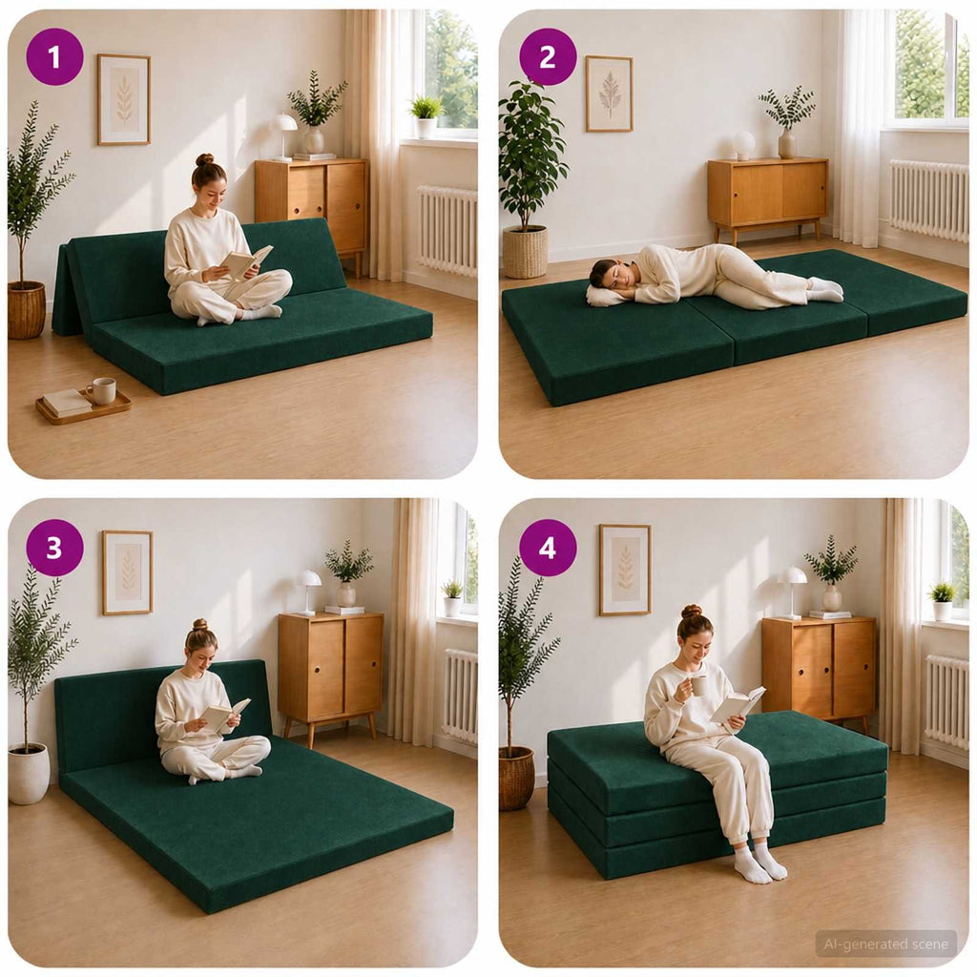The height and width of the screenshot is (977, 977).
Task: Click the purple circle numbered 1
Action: (x=54, y=56)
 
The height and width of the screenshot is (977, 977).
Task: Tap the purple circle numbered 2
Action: (x=548, y=56)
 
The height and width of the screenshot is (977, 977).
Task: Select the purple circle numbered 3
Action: (x=54, y=548)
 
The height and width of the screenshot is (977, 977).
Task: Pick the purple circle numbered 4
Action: (x=548, y=548)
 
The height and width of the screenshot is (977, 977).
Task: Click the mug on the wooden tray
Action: (x=101, y=390)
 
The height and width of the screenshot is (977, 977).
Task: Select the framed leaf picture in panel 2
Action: (x=609, y=94)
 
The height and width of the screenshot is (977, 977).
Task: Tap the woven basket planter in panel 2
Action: (x=526, y=252)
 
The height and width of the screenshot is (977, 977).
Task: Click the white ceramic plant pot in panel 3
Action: (x=29, y=773)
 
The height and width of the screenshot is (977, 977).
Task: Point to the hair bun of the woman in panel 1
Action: (x=204, y=159)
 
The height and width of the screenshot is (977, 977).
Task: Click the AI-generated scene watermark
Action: (x=885, y=944)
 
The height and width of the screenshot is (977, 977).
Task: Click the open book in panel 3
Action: (x=224, y=714)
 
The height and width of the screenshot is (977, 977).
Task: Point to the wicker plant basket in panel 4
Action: (x=516, y=779)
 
